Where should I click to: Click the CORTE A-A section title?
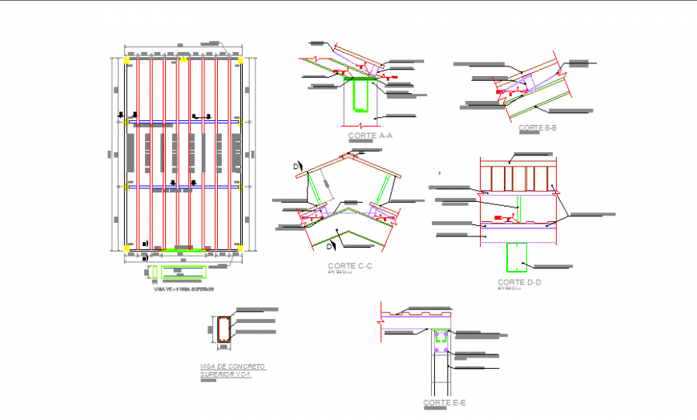tap(369, 136)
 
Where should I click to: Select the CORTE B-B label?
tap(537, 128)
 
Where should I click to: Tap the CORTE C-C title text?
tap(348, 265)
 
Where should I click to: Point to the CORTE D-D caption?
tap(519, 282)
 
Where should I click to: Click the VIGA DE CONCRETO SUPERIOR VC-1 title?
tap(232, 370)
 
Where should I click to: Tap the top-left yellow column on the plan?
tap(128, 59)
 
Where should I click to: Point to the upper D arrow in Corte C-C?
tap(296, 165)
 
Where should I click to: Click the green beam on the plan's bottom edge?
tap(183, 250)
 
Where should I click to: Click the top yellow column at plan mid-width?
tap(183, 59)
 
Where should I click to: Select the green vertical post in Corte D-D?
tap(518, 208)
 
